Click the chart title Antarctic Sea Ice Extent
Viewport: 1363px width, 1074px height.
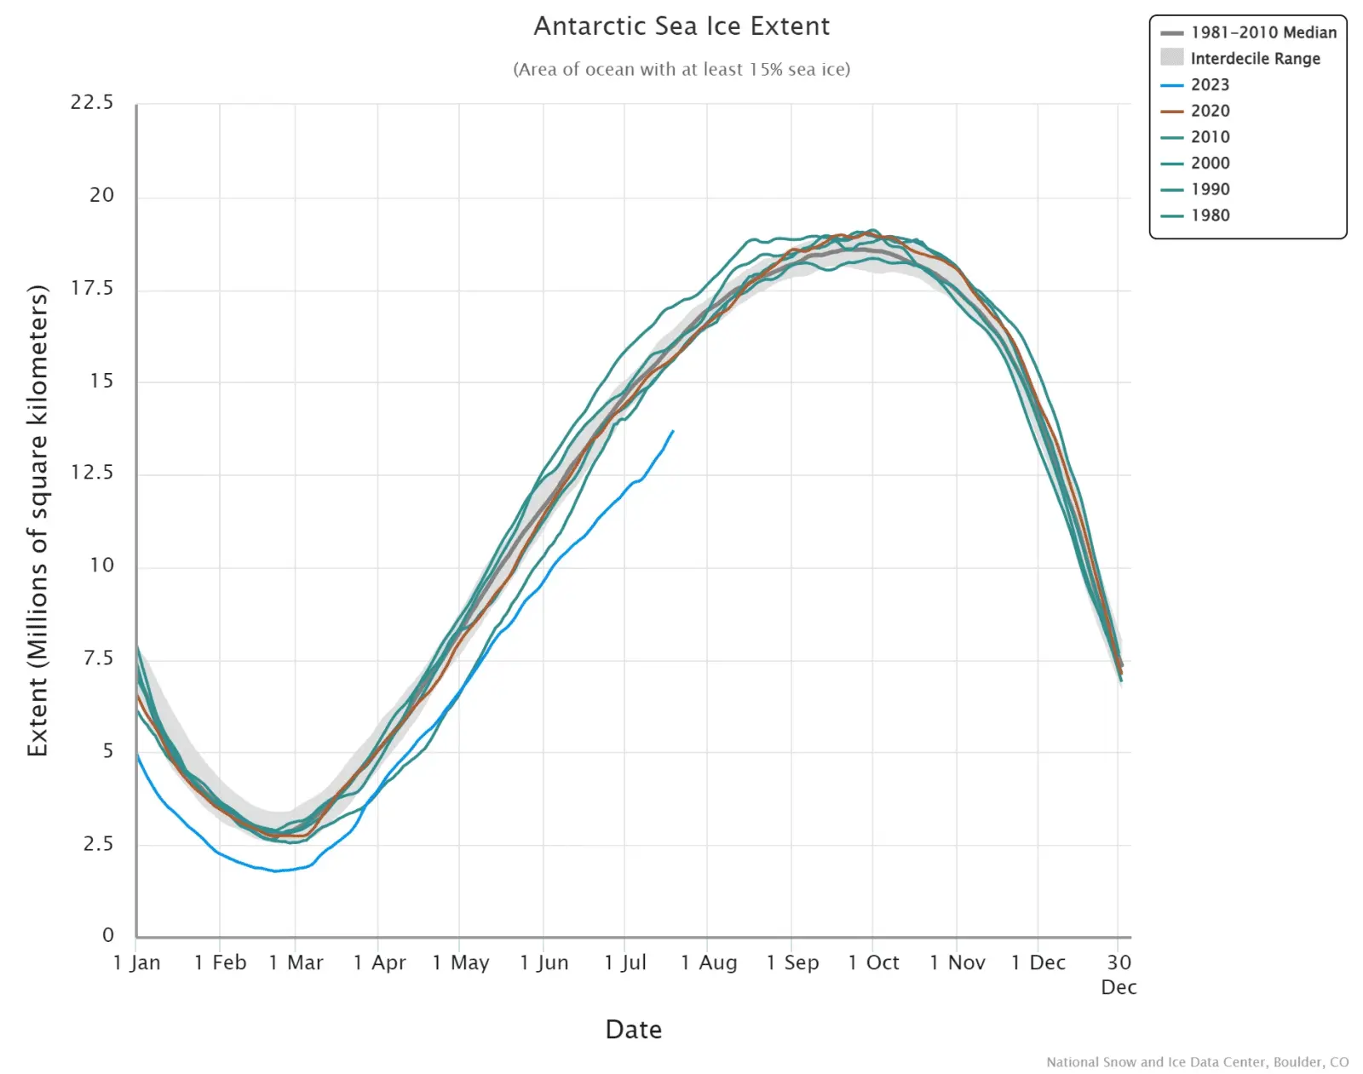point(681,26)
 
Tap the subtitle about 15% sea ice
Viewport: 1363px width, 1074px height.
point(681,69)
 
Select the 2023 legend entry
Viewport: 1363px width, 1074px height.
point(1210,84)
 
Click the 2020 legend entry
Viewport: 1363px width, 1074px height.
point(1210,111)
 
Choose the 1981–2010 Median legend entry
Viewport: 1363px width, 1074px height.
point(1263,32)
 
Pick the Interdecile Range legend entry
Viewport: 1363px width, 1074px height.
point(1255,58)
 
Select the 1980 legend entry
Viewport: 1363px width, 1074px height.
point(1210,215)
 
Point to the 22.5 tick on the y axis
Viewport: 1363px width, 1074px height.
point(92,102)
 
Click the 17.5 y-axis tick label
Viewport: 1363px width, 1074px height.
point(92,288)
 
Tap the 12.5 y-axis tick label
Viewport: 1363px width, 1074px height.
point(92,473)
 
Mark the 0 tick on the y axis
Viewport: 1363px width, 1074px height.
point(108,935)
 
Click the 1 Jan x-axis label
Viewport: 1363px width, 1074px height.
point(137,962)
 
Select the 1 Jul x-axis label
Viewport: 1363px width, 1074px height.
point(625,962)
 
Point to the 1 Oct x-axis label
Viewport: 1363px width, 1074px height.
point(874,962)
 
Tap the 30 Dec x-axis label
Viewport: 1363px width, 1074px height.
point(1119,973)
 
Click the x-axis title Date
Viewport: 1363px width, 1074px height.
point(633,1030)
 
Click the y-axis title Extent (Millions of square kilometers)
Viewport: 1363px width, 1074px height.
point(37,520)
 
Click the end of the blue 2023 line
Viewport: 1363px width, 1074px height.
point(673,431)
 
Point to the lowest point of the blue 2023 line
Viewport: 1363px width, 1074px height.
point(275,870)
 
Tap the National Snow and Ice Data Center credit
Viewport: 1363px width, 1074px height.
point(1197,1062)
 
